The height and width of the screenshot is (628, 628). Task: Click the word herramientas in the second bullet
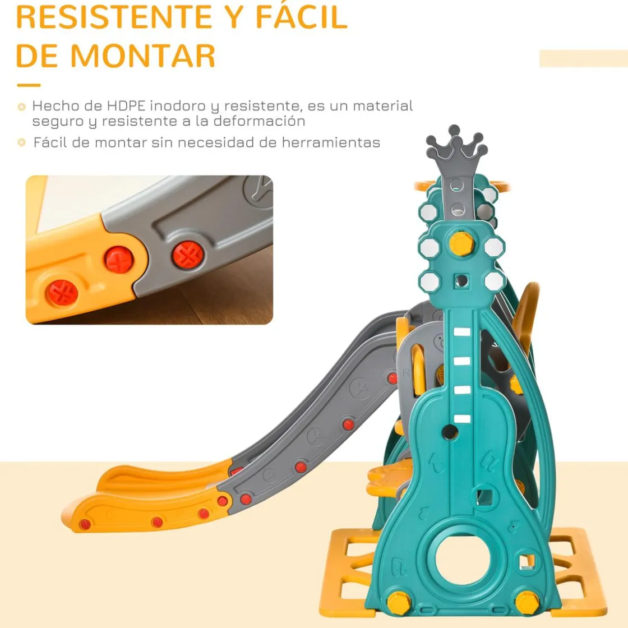[331, 142]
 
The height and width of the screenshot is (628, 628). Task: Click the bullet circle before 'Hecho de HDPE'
[22, 107]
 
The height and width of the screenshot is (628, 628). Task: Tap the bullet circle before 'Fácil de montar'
[22, 142]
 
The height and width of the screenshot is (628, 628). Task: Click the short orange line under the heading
[29, 85]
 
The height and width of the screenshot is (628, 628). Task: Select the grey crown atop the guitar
[456, 148]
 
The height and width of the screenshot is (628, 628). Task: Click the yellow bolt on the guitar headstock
[461, 243]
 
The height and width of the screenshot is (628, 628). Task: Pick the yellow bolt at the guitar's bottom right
[527, 603]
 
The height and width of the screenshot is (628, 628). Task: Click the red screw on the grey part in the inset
[188, 255]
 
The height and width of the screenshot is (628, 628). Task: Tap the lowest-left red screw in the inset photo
[62, 293]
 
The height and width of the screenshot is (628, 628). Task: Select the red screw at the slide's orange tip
[85, 524]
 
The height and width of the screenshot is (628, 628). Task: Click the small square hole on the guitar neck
[461, 281]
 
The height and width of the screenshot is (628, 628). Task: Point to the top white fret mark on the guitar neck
[462, 331]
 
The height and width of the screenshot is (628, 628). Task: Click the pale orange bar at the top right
[584, 58]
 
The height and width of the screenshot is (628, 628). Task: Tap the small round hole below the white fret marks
[450, 432]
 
